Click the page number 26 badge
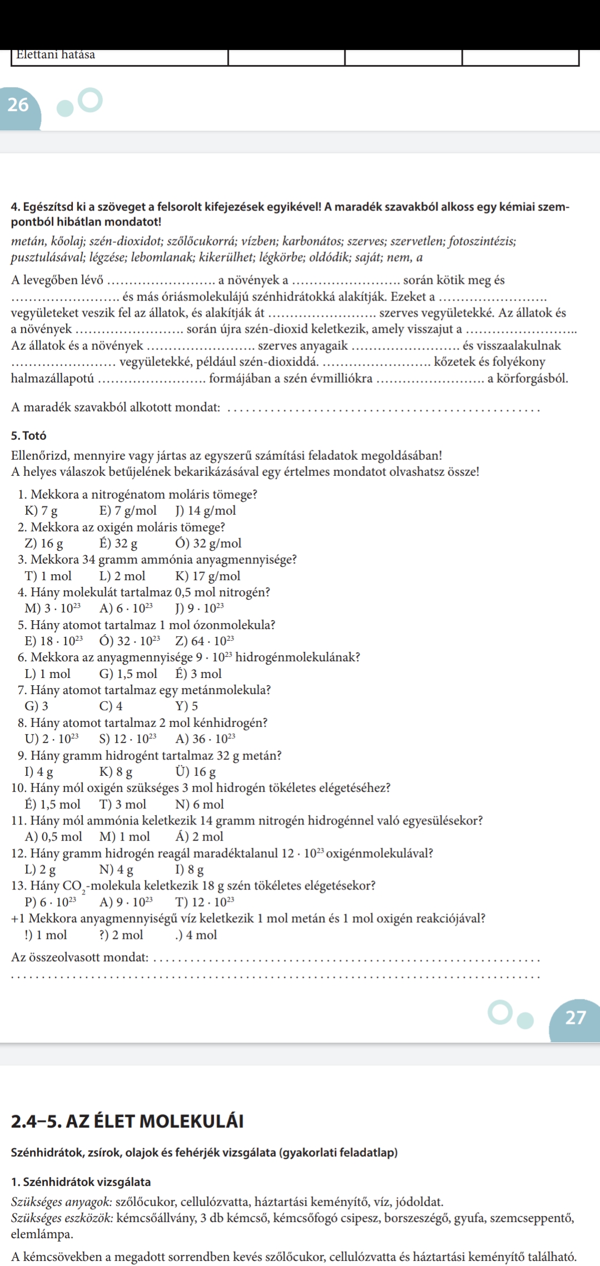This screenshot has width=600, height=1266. pos(19,104)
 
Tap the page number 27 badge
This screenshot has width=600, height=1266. pos(575,1017)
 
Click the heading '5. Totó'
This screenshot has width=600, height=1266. pos(28,435)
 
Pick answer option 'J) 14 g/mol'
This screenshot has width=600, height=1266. pos(206,510)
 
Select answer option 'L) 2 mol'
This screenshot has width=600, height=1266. pos(122,576)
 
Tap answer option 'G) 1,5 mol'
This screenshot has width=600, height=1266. pos(128,674)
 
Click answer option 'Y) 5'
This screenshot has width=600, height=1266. pos(187,706)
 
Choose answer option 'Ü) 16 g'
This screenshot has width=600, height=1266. pos(196,772)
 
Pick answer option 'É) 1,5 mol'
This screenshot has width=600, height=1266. pos(53,804)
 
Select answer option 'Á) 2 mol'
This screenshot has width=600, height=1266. pos(199,837)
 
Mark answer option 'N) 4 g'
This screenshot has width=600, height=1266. pos(116,870)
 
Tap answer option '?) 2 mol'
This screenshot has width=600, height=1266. pos(121,935)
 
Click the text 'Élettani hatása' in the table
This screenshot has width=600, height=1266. pos(56,54)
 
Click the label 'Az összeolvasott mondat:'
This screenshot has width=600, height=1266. pos(80,957)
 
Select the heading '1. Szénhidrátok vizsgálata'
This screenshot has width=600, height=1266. pos(81,1182)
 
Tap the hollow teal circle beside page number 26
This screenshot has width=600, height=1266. pos(90,99)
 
